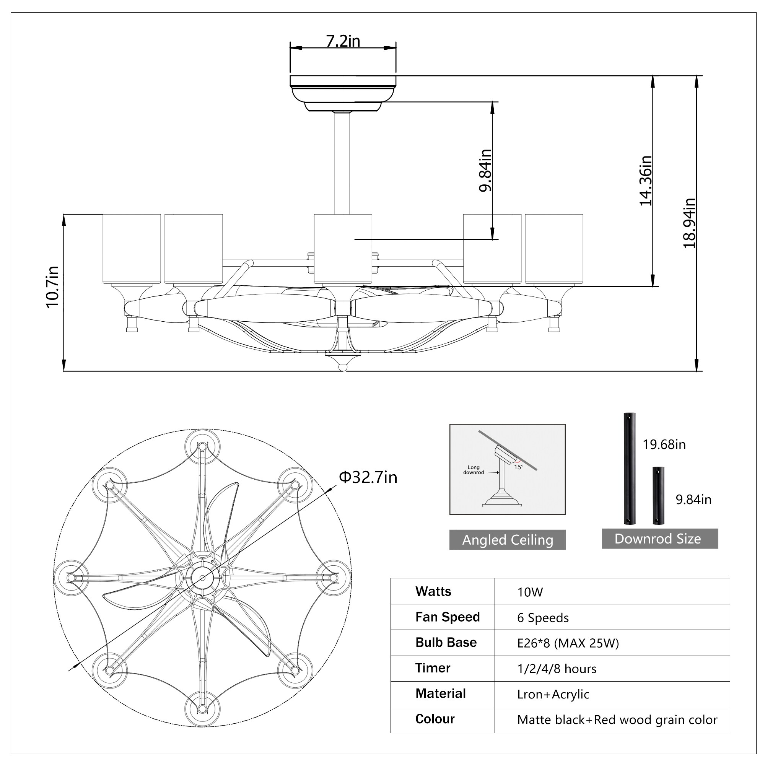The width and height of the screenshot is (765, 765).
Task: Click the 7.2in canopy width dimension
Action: coord(343,41)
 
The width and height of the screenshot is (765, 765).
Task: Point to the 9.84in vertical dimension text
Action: coord(485,170)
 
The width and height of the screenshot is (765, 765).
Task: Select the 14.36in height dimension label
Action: coord(646,180)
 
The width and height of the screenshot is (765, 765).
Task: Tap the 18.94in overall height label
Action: coord(689,223)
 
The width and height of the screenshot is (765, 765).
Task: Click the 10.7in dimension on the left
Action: coord(52,286)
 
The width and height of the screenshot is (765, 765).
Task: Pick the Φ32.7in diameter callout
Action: coord(368,477)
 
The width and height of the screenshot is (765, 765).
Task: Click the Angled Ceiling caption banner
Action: coord(507,540)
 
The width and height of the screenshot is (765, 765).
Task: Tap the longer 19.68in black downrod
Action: coord(629,469)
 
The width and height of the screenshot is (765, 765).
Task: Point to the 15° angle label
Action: coord(518,467)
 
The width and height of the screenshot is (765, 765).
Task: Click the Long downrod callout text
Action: coord(473,470)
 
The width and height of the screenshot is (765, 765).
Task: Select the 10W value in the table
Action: coord(530,592)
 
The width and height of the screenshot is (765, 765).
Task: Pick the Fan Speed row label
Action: coord(448,617)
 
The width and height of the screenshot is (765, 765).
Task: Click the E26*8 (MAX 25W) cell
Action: coord(568,643)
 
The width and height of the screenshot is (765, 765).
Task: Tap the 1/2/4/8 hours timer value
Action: coord(556,669)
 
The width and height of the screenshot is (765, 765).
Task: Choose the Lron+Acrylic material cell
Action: coord(553,694)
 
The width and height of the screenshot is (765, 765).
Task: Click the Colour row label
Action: coord(435,719)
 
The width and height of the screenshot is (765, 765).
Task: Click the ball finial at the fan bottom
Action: coord(343,368)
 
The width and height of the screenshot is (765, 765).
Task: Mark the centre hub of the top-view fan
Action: coord(202,578)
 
